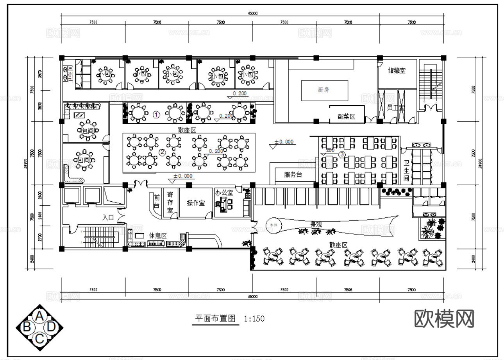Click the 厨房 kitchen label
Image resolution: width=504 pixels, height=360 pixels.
(323, 90)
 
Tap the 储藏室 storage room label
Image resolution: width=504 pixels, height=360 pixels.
(396, 71)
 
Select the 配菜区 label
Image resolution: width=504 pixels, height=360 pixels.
(347, 116)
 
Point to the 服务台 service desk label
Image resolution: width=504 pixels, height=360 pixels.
(293, 175)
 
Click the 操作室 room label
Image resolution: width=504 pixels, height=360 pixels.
(196, 203)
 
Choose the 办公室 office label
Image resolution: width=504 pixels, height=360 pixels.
(224, 193)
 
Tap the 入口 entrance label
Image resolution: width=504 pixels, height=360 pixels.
(108, 217)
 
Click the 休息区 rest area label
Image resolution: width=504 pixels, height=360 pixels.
(158, 236)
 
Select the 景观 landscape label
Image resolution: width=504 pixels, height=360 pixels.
(316, 224)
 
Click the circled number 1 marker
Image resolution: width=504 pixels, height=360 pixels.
(156, 115)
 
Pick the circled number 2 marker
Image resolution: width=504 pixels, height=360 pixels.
(163, 152)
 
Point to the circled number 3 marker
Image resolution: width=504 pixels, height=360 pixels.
(342, 154)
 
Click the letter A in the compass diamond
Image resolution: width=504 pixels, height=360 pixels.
(39, 315)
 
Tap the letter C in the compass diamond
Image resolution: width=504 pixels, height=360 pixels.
(39, 339)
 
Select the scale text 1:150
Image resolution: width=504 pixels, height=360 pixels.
(254, 319)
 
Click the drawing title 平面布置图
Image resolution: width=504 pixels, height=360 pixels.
(216, 318)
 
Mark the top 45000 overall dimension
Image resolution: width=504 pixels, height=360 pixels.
(253, 13)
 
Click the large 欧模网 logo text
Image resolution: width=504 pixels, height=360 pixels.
(444, 319)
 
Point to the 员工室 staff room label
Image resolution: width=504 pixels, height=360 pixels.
(395, 107)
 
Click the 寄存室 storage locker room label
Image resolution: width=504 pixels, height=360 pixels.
(170, 202)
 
